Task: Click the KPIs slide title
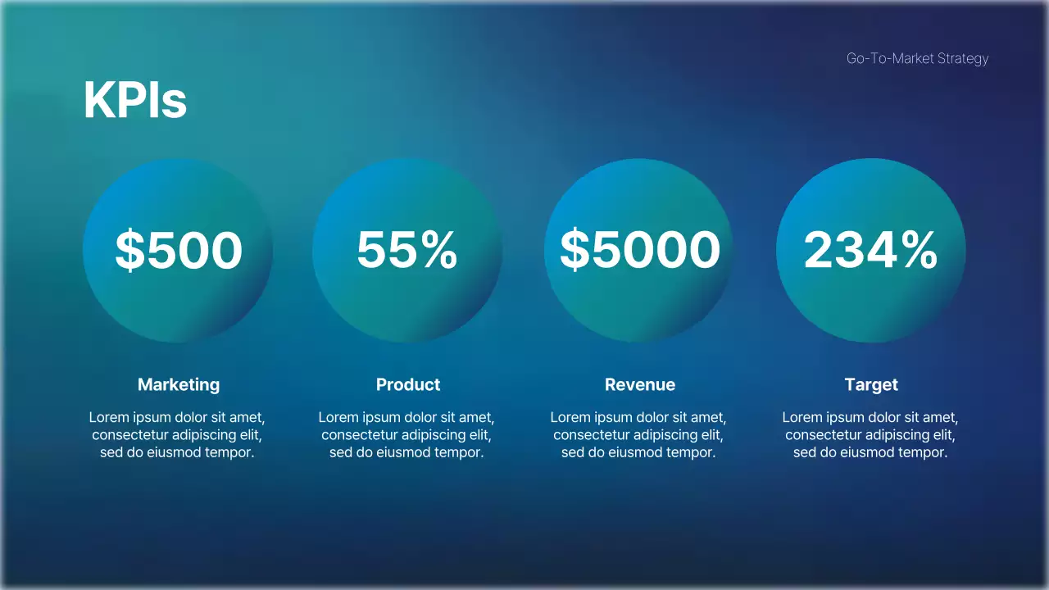tap(135, 102)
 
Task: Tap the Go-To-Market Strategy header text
tap(917, 58)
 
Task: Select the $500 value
tap(179, 250)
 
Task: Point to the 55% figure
tap(406, 250)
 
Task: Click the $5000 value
tap(639, 250)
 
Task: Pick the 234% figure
tap(870, 250)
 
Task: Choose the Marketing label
tap(179, 384)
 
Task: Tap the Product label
tap(408, 384)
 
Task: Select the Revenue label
tap(640, 384)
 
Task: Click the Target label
tap(871, 384)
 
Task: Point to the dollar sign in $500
tap(129, 250)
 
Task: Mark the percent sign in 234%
tap(916, 250)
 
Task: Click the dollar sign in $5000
tap(574, 250)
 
